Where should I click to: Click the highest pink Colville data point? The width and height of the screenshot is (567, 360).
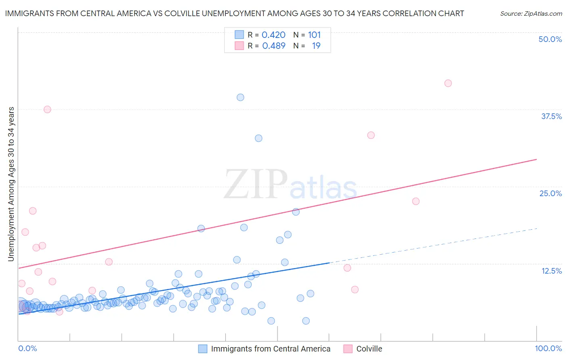[448, 83]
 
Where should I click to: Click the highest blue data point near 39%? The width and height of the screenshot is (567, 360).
[240, 97]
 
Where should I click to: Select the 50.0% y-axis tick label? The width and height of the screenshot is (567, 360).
[550, 39]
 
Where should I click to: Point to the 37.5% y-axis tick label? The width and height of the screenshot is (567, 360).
[551, 116]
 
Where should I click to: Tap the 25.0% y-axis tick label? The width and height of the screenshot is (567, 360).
[550, 193]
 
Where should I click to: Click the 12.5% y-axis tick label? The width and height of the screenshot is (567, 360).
[551, 271]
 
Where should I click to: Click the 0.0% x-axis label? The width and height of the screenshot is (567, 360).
[27, 348]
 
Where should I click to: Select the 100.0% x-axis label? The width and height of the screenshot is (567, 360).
[548, 348]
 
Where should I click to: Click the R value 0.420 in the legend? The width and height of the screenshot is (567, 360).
[273, 35]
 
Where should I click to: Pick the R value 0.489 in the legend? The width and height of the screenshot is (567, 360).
[273, 46]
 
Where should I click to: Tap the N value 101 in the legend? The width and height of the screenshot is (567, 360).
[314, 35]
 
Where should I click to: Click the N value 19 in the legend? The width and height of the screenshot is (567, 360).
[316, 46]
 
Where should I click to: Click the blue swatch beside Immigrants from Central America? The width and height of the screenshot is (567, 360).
[203, 349]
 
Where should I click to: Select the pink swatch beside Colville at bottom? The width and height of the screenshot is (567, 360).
[348, 349]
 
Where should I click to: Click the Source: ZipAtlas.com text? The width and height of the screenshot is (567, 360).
[531, 14]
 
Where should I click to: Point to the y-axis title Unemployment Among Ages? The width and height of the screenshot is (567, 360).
[11, 184]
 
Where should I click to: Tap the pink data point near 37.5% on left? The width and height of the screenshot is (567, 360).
[47, 109]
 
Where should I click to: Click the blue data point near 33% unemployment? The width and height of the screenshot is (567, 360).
[258, 138]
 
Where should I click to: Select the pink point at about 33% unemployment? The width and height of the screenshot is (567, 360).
[371, 135]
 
